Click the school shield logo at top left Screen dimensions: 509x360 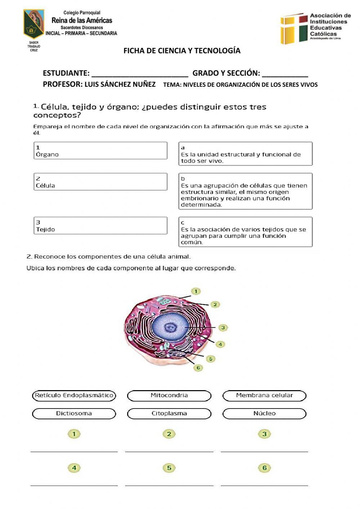point(33,24)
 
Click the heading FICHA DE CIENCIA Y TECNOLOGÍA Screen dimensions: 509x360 point(182,51)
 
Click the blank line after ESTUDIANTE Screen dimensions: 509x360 point(140,73)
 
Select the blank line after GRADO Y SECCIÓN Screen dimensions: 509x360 point(285,73)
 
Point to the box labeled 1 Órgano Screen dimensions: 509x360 point(100,151)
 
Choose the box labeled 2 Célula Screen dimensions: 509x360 point(100,182)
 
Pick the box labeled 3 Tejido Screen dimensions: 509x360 point(100,226)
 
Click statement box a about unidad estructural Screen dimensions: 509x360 point(245,154)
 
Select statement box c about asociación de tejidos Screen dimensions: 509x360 point(245,232)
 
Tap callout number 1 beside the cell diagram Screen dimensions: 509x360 point(195,291)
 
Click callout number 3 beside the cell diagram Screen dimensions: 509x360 point(223,327)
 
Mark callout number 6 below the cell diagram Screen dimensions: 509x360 point(198,368)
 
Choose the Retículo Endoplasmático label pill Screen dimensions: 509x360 point(74,396)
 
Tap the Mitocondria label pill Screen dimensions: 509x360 point(169,396)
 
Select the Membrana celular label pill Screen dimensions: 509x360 point(264,396)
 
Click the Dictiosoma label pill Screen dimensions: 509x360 point(74,414)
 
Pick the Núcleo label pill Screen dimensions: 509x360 point(264,414)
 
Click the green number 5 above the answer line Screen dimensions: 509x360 point(169,468)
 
